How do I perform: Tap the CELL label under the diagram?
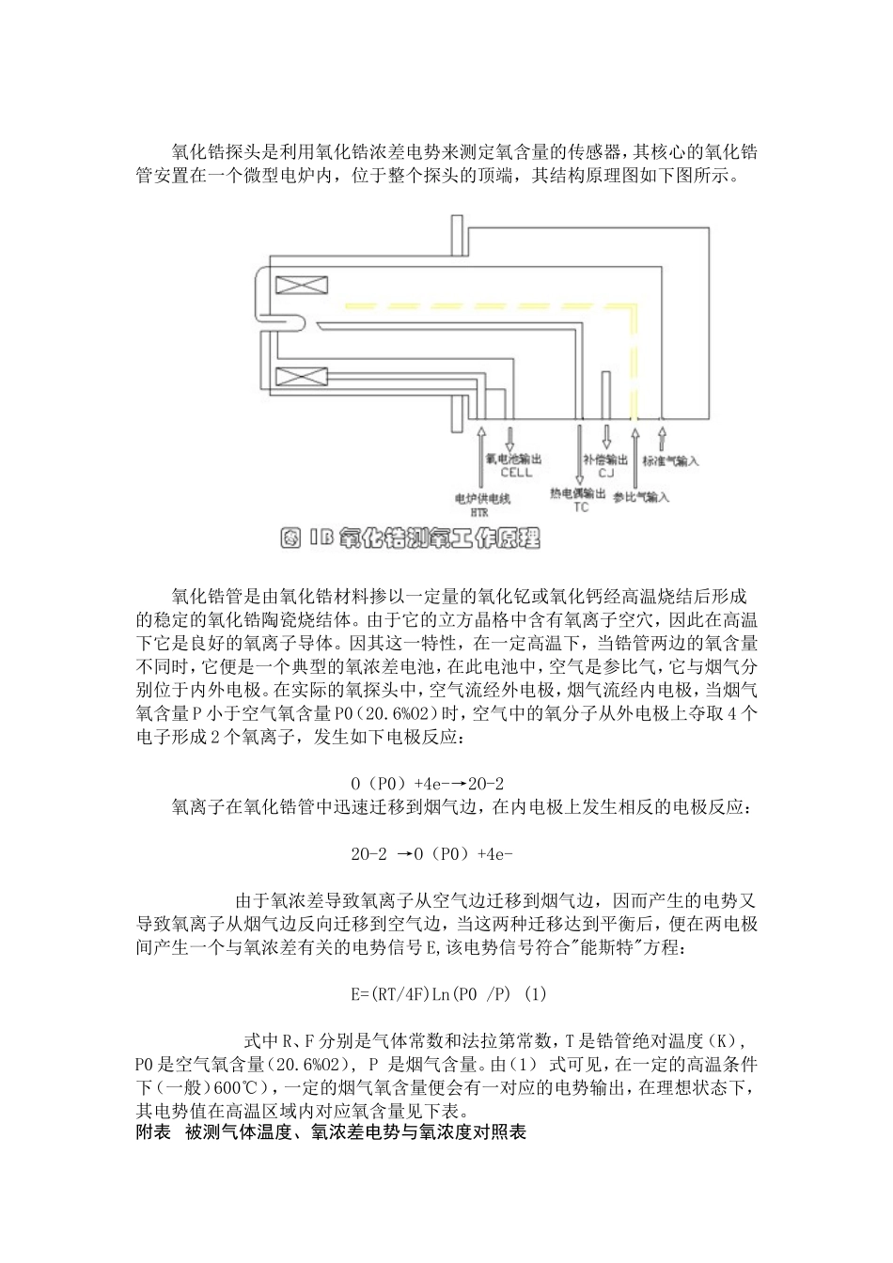tap(516, 473)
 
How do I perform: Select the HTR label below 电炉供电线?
tap(479, 513)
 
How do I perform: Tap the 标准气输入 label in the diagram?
tap(670, 461)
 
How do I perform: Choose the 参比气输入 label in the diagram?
tap(641, 496)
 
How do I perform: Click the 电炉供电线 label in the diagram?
tap(480, 499)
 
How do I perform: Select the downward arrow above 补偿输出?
tap(606, 436)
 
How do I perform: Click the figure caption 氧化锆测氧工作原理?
tap(411, 538)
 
